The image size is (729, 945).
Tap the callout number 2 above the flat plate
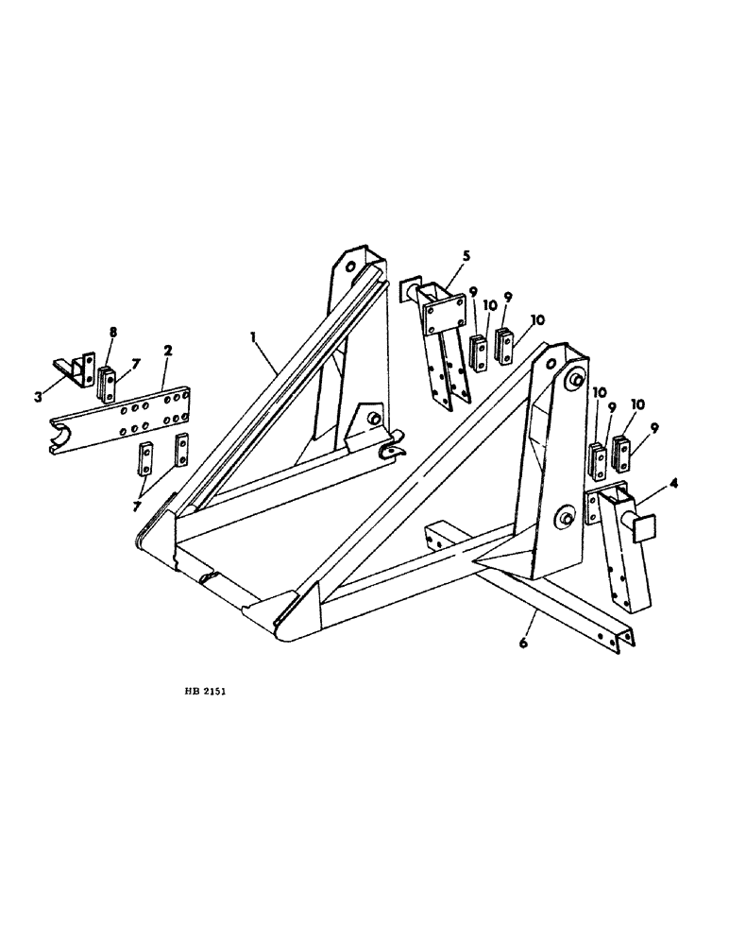coord(167,351)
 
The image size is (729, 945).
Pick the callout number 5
coord(465,255)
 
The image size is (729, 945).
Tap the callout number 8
coord(112,332)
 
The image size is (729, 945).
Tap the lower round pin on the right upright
coord(568,517)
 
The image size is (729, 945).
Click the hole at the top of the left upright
coord(350,267)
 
